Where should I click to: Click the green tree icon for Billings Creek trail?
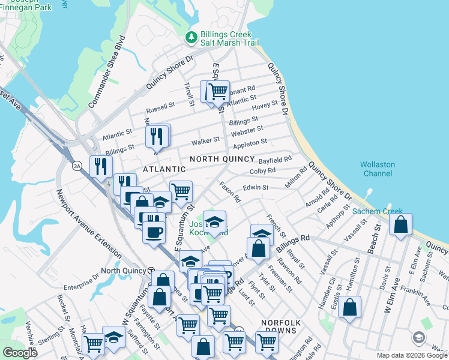click(191, 38)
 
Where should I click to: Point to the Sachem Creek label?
click(377, 211)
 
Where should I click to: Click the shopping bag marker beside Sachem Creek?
click(400, 226)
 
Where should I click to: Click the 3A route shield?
click(77, 166)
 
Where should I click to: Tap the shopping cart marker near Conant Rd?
click(217, 92)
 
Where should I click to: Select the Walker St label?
click(205, 142)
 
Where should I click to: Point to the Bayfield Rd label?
click(275, 160)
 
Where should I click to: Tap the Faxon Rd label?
click(229, 192)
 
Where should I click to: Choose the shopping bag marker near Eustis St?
click(349, 308)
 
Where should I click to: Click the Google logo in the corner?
click(20, 352)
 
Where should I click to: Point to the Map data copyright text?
click(412, 355)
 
